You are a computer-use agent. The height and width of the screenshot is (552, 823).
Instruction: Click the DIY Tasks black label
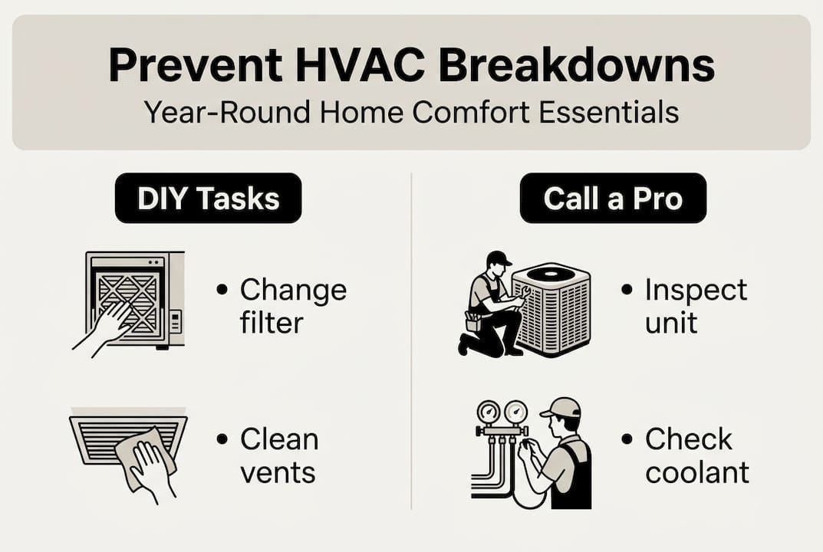pyautogui.click(x=208, y=199)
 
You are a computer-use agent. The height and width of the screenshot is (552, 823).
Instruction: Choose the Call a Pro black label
pyautogui.click(x=613, y=199)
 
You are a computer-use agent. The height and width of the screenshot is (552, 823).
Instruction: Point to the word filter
pyautogui.click(x=272, y=322)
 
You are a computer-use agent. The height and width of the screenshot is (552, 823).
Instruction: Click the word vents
pyautogui.click(x=278, y=472)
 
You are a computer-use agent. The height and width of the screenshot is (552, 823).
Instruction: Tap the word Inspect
pyautogui.click(x=696, y=290)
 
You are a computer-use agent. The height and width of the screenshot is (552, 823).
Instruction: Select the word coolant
pyautogui.click(x=697, y=472)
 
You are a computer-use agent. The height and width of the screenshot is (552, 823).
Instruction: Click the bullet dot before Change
pyautogui.click(x=222, y=291)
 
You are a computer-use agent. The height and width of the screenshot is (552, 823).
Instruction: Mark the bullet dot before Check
pyautogui.click(x=627, y=440)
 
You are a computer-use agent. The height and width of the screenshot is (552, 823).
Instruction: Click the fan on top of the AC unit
pyautogui.click(x=550, y=272)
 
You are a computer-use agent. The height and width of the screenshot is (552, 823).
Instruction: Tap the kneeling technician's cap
pyautogui.click(x=498, y=258)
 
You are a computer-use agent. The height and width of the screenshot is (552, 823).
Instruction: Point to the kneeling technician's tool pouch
pyautogui.click(x=473, y=320)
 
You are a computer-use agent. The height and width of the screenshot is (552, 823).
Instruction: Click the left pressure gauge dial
pyautogui.click(x=488, y=412)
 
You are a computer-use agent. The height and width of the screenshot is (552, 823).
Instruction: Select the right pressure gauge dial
pyautogui.click(x=515, y=412)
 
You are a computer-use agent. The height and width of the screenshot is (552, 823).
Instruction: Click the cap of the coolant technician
pyautogui.click(x=561, y=408)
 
